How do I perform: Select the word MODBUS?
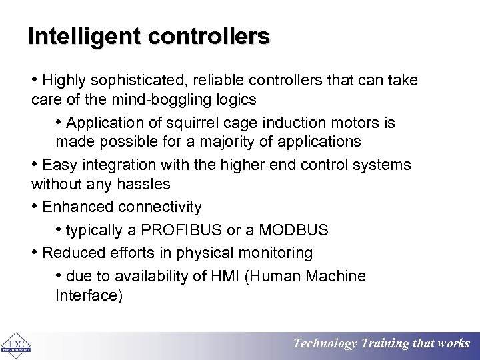294,231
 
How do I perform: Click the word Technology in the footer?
325,343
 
